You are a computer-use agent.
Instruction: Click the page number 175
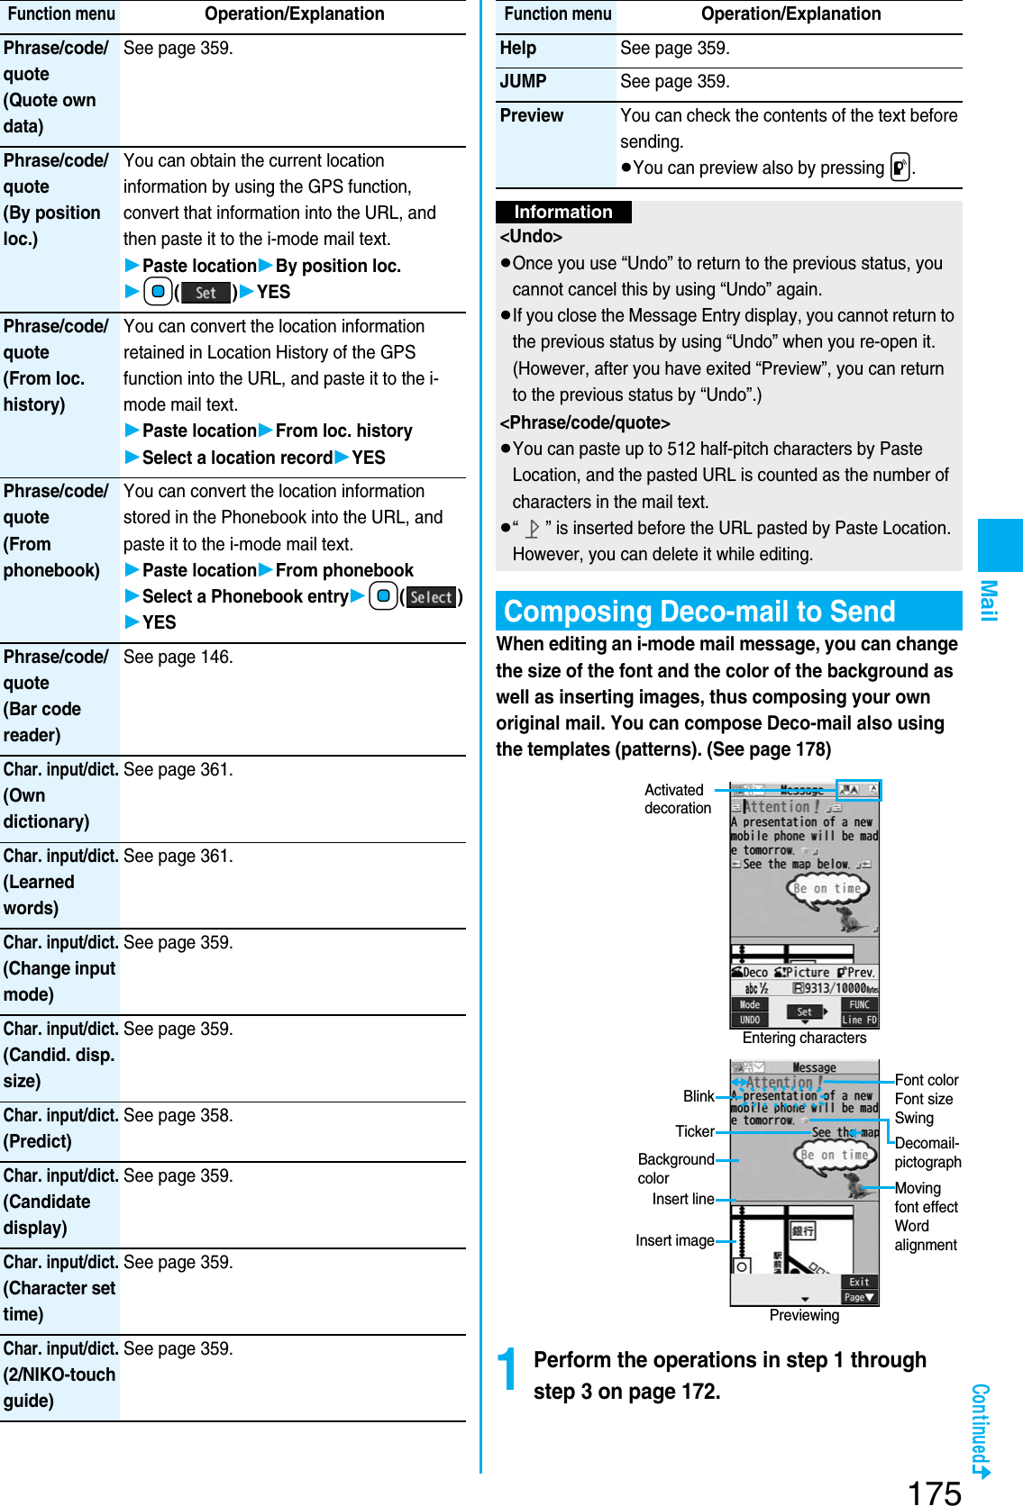(934, 1492)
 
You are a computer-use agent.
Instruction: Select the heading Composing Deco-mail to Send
(699, 612)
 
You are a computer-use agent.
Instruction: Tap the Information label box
(563, 213)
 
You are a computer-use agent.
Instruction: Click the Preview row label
(532, 116)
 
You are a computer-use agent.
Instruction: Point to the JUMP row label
(524, 82)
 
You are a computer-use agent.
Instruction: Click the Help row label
(518, 49)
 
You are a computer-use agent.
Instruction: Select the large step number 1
(509, 1370)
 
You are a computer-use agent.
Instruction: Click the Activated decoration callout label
(677, 799)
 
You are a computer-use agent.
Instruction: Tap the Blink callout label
(698, 1096)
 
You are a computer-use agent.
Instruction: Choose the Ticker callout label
(694, 1131)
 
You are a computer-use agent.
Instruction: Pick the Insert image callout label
(674, 1241)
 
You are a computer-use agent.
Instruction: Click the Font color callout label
(926, 1080)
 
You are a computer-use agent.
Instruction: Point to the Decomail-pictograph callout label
(927, 1153)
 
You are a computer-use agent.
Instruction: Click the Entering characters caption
(804, 1039)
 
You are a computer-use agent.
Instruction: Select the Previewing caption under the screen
(804, 1316)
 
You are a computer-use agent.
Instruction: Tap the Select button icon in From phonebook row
(432, 597)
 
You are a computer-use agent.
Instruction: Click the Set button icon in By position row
(206, 293)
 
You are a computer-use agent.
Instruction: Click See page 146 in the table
(178, 658)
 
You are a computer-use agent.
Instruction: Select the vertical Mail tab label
(989, 600)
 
